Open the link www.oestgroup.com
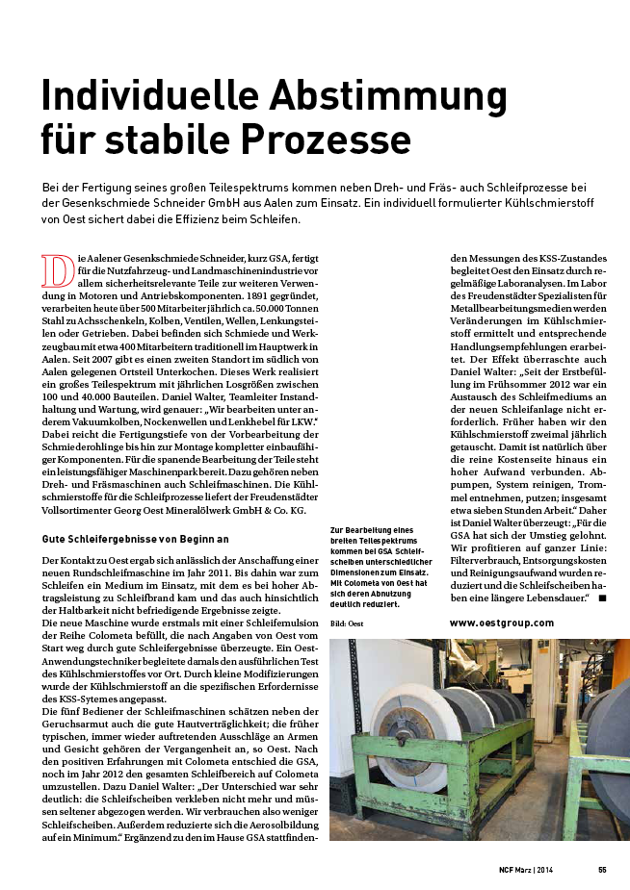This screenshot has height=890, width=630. point(502,623)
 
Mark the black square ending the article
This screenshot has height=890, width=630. point(602,598)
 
